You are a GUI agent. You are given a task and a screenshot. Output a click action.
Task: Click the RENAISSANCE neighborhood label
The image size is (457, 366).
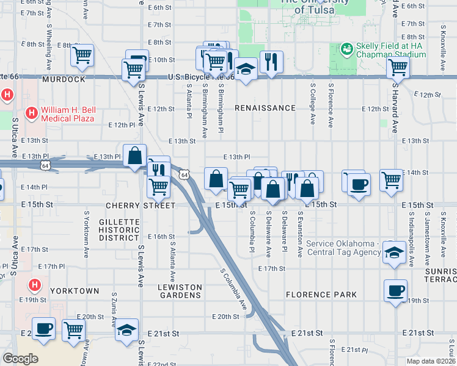(x=265, y=108)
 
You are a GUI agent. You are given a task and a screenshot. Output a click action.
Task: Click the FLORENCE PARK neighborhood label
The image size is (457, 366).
(x=321, y=295)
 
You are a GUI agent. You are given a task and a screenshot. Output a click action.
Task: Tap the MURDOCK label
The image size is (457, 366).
(x=63, y=80)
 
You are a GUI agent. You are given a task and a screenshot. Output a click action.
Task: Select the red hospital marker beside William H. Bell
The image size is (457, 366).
(x=31, y=112)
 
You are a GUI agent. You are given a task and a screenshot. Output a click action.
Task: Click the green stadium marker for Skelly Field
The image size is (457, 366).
(x=346, y=48)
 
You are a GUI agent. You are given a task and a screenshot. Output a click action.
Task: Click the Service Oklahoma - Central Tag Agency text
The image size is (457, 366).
(x=344, y=248)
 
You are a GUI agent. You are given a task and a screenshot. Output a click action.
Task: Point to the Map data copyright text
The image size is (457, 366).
(x=431, y=361)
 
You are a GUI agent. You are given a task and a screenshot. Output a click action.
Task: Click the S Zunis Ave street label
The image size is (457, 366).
(x=114, y=309)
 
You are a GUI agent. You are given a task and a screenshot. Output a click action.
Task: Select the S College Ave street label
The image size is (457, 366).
(x=313, y=104)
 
